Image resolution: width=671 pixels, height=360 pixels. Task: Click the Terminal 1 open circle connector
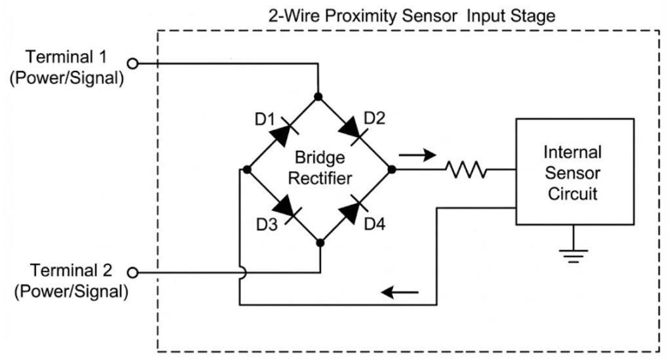[133, 64]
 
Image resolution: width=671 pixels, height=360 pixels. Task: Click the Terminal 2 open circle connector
[133, 272]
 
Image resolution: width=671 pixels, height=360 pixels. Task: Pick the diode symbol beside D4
[353, 207]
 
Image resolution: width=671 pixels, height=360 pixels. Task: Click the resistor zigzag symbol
[466, 170]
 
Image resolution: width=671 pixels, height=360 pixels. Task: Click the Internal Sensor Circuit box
[574, 172]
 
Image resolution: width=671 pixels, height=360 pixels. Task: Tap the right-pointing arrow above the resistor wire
[417, 155]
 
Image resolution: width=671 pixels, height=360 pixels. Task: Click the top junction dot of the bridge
[318, 96]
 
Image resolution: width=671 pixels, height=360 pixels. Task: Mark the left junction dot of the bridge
[246, 169]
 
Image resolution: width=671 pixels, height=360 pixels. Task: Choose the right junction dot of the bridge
[392, 169]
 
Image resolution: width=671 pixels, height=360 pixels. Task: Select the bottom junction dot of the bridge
[320, 243]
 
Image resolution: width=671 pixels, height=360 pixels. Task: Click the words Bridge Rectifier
[319, 168]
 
